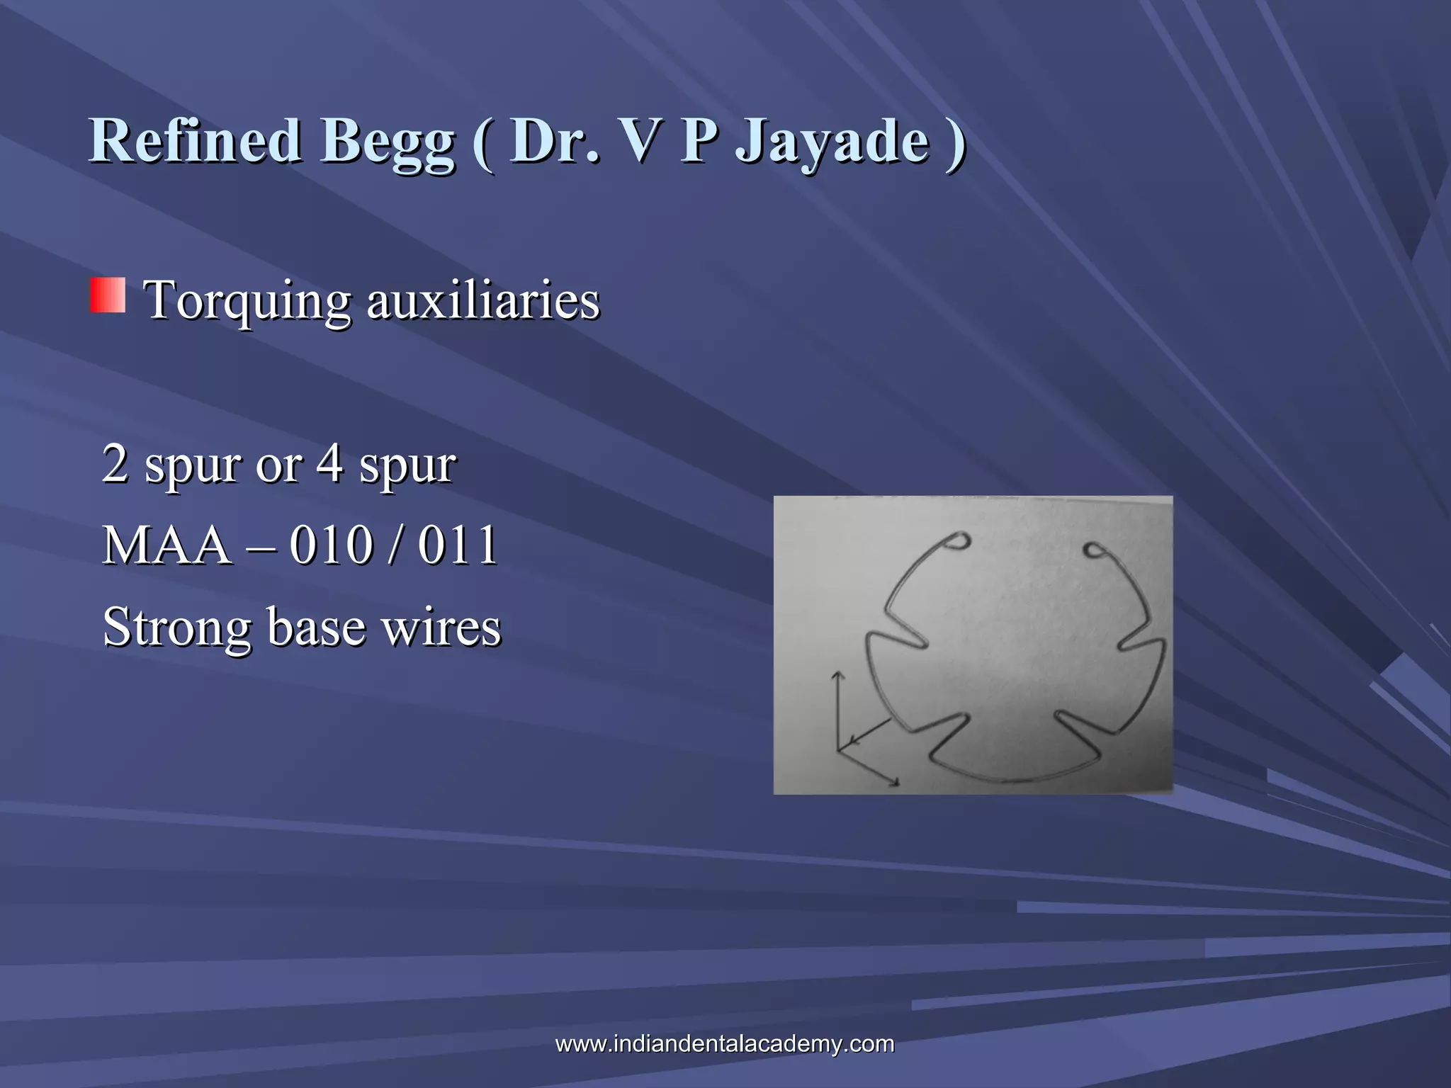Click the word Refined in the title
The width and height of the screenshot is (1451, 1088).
196,140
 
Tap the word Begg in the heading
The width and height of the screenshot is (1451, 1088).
388,142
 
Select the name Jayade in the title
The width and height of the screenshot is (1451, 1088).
832,142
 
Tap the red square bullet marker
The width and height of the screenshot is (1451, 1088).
108,295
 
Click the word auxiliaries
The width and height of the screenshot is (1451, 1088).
482,300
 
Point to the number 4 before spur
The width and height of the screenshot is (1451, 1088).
329,464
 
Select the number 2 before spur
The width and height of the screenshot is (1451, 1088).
115,464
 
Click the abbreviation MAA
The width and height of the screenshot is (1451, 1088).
167,545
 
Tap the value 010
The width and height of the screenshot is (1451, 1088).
331,545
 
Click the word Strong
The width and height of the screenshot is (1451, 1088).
176,628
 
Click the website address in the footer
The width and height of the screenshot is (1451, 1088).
725,1043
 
